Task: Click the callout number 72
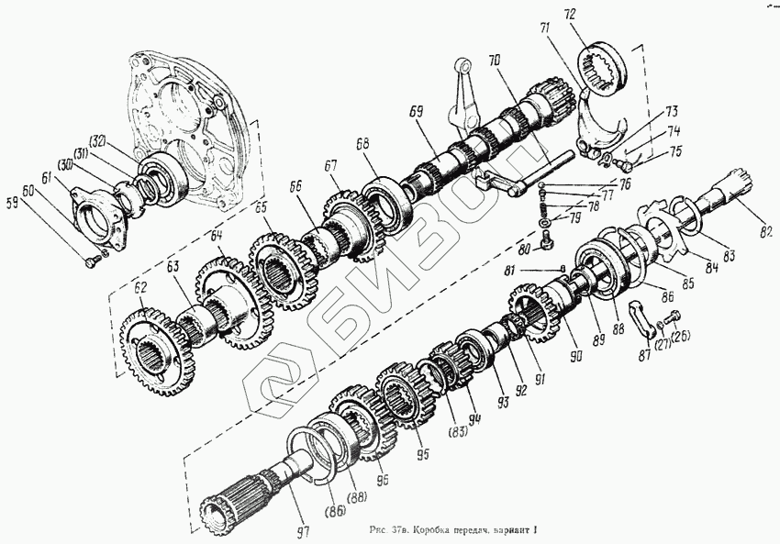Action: tap(595, 15)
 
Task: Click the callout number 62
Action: tap(139, 288)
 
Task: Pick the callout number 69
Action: tap(417, 111)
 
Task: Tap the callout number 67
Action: tap(330, 165)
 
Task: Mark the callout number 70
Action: tap(494, 62)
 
